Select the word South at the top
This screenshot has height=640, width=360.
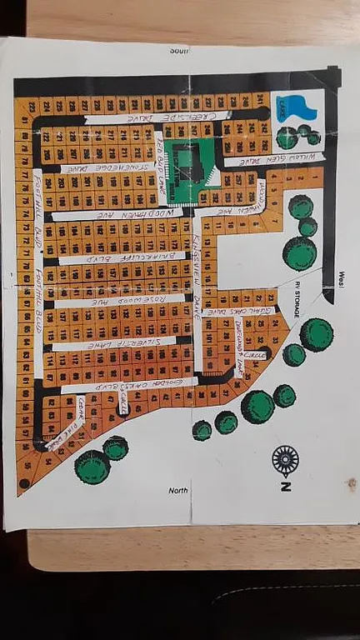point(180,50)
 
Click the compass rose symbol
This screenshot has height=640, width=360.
point(285,459)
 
